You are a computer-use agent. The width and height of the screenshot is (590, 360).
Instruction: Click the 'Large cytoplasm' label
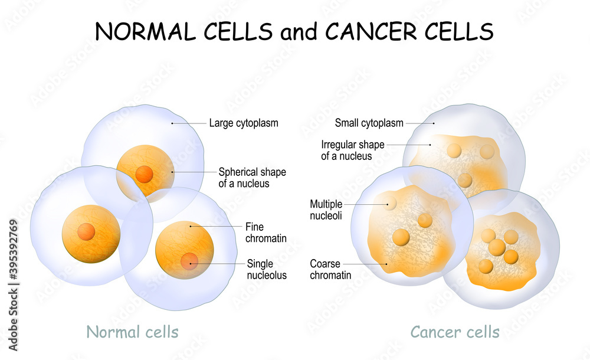[x=243, y=123]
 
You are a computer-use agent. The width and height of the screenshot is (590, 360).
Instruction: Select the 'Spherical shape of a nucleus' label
[x=252, y=178]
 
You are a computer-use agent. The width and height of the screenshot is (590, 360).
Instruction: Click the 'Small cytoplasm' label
[x=369, y=123]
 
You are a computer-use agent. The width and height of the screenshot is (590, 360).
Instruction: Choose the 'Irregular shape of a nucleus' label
[x=353, y=150]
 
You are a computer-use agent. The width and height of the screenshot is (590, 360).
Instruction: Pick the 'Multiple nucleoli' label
[x=326, y=210]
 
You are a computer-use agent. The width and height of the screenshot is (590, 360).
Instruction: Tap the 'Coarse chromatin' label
[x=330, y=269]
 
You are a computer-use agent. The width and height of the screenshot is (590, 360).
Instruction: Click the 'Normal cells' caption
[x=132, y=332]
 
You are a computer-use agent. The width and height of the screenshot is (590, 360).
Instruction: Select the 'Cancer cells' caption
[x=455, y=332]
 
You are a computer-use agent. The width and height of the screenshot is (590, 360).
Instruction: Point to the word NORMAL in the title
[x=140, y=31]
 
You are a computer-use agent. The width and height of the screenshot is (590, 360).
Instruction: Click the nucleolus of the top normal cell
[x=145, y=174]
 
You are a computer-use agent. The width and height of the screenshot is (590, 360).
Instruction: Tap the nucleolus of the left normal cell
[x=86, y=231]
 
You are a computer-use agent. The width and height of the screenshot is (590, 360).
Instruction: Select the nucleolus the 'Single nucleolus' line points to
[x=189, y=260]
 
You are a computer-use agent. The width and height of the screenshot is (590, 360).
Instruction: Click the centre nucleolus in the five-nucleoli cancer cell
[x=497, y=247]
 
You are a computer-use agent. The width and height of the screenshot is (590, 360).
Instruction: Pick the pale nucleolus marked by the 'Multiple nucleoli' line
[x=390, y=203]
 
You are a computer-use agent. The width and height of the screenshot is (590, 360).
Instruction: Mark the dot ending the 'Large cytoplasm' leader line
[x=172, y=123]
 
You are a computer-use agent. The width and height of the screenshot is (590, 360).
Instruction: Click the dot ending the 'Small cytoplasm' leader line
[x=434, y=123]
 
